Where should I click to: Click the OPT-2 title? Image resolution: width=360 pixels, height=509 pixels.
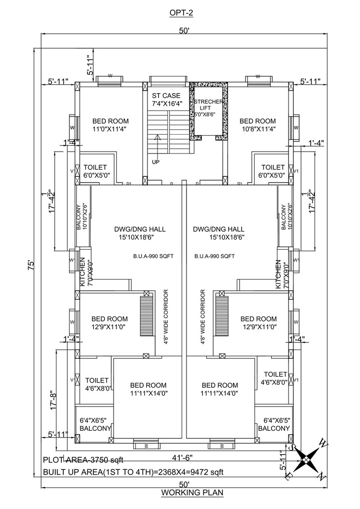(x=181, y=13)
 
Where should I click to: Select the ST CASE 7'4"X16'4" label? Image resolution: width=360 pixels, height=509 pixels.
(x=166, y=100)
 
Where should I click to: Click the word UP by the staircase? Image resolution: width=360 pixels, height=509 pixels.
(x=155, y=162)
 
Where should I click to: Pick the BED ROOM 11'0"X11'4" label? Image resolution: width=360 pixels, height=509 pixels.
(x=110, y=125)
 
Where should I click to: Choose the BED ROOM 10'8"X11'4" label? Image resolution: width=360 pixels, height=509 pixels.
(x=258, y=125)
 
